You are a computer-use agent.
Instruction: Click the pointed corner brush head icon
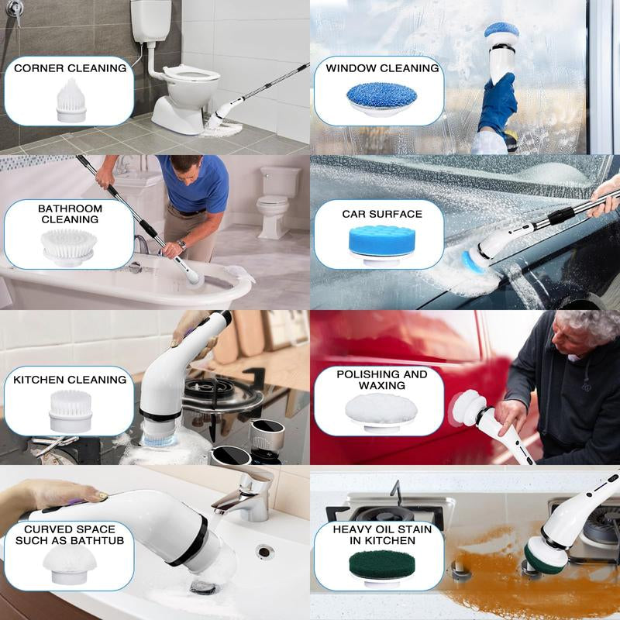(x=71, y=101)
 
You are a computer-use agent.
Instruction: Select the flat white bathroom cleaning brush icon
(x=69, y=246)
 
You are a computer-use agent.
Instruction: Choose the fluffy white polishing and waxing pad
(x=381, y=412)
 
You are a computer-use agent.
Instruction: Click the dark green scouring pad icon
(x=382, y=567)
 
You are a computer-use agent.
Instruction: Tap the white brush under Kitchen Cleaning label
(x=71, y=411)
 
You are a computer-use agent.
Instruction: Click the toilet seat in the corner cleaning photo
(x=191, y=74)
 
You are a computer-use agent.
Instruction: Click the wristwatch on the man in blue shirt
(x=182, y=245)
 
